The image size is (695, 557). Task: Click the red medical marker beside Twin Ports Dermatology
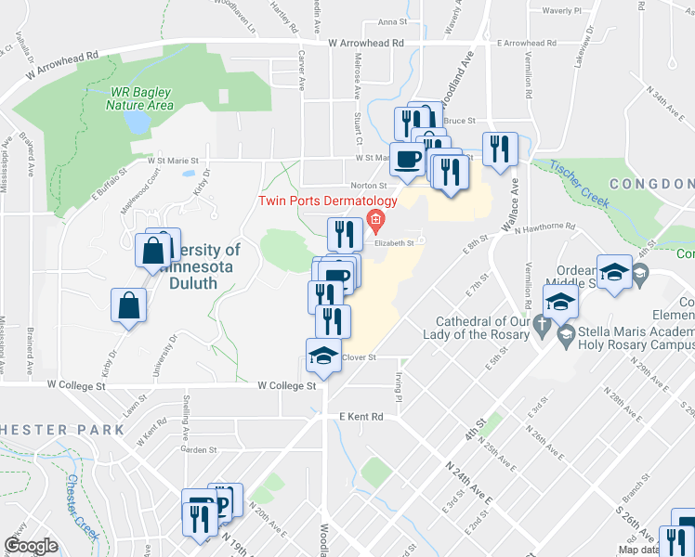pos(376,220)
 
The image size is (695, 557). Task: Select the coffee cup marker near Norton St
pos(407,161)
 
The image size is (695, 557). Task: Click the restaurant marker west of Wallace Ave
pos(500,149)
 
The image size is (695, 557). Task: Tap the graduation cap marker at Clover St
pos(322,356)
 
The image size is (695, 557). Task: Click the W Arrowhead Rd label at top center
pos(366,43)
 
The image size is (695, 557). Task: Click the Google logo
pos(31,546)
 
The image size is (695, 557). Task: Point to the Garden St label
pos(198,449)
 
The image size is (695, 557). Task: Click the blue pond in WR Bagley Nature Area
pos(136,122)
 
